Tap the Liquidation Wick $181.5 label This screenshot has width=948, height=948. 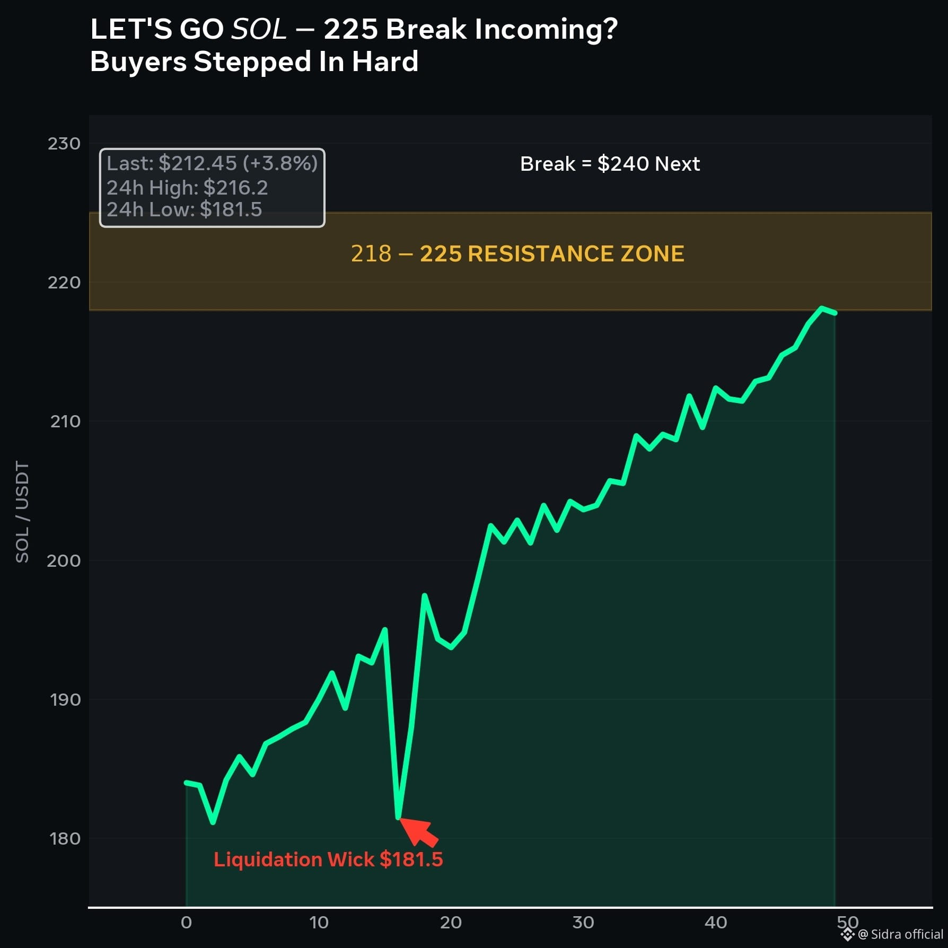click(328, 859)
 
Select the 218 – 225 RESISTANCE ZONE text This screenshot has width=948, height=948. click(517, 253)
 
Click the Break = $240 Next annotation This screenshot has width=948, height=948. click(610, 164)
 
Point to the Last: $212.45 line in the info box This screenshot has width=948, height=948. click(212, 163)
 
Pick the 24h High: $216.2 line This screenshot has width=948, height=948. click(187, 187)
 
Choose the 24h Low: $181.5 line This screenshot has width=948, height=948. click(184, 209)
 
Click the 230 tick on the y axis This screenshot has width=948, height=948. click(64, 144)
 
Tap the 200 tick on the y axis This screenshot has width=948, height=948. click(64, 560)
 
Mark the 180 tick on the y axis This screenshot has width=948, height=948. click(65, 838)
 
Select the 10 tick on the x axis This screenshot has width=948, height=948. click(319, 923)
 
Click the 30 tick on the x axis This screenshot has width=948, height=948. click(583, 923)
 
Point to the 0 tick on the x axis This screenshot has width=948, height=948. click(186, 923)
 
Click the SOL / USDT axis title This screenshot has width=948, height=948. click(22, 512)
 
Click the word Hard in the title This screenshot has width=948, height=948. click(385, 62)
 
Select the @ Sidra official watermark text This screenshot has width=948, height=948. click(900, 934)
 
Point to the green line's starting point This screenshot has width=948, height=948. click(186, 783)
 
